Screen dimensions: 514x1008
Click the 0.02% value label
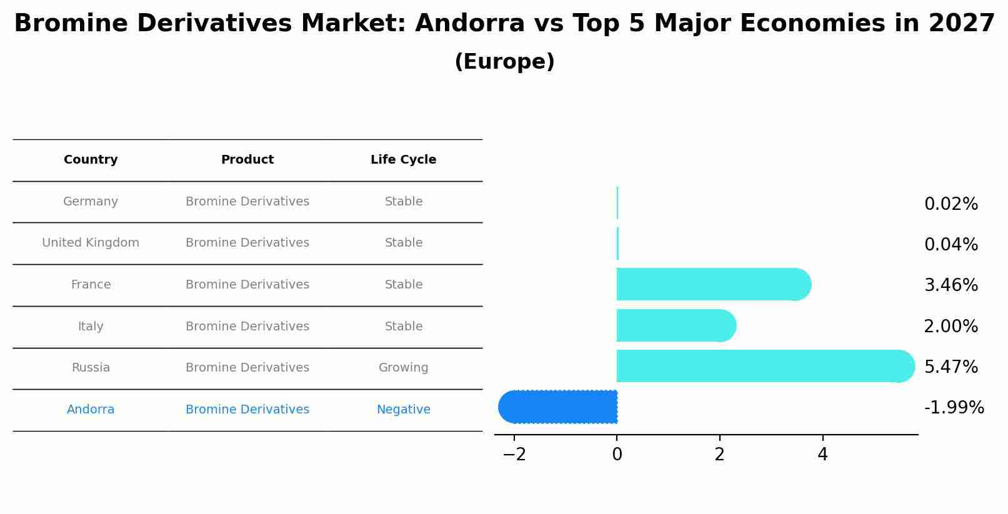[x=951, y=204]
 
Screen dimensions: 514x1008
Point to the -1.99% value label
[x=954, y=408]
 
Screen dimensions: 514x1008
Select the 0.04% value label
[x=951, y=245]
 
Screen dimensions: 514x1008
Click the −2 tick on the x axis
[x=514, y=455]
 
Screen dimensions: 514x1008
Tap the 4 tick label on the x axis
[x=822, y=455]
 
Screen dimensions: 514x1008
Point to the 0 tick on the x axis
[x=617, y=455]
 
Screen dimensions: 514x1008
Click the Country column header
[x=91, y=160]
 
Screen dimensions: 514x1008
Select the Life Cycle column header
[x=403, y=160]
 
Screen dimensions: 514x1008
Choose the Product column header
[x=247, y=160]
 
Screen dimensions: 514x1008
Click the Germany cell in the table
[x=91, y=202]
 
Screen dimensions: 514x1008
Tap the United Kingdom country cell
[x=91, y=243]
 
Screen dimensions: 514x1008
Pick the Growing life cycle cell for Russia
[x=403, y=368]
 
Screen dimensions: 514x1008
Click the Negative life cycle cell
[x=403, y=410]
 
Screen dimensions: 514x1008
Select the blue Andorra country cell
[x=91, y=410]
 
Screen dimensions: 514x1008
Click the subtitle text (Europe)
[x=504, y=62]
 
